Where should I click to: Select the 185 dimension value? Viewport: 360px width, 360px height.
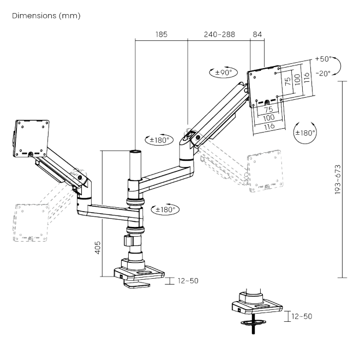coord(161,34)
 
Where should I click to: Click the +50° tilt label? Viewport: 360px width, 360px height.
coord(323,58)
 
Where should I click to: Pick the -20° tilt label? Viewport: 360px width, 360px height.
coord(323,75)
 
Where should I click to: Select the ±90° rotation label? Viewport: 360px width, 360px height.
coord(221,72)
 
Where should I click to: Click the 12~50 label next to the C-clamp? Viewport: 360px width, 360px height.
coord(187,281)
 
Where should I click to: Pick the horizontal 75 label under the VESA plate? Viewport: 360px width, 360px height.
coord(268,110)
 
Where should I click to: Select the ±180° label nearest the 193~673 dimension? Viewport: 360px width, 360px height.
coord(305,133)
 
